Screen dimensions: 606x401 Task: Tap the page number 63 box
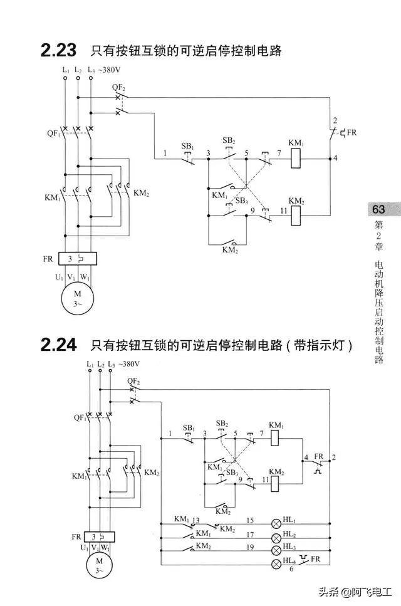coord(378,209)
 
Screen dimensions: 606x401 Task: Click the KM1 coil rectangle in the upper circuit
coord(297,158)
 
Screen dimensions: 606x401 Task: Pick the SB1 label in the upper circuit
coord(187,145)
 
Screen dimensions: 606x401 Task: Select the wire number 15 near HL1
coord(249,520)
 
